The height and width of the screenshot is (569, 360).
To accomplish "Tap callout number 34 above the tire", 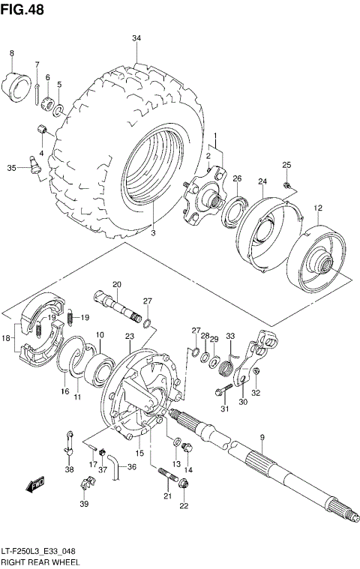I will tap(136, 38).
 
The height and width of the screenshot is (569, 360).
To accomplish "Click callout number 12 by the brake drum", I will tap(318, 208).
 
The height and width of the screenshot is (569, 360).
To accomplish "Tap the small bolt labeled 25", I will tap(286, 184).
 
